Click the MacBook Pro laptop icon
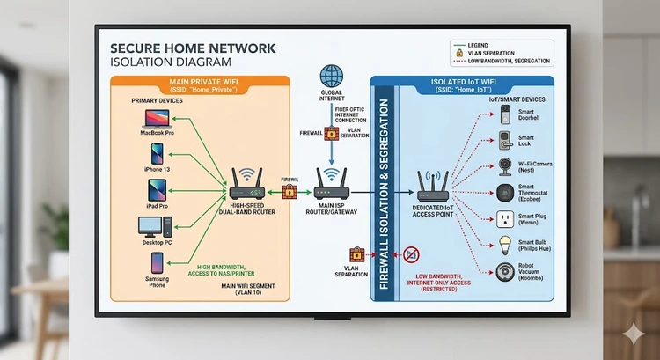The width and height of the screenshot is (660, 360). tap(156, 119)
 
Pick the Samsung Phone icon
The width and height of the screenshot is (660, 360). tap(157, 262)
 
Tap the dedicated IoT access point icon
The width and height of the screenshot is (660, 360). tap(434, 187)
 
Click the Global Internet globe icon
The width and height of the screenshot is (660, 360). tap(332, 76)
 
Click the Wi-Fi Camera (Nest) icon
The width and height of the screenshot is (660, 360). tap(506, 167)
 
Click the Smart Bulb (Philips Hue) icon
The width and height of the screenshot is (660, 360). tap(505, 246)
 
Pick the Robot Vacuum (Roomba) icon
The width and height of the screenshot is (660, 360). tap(505, 272)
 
